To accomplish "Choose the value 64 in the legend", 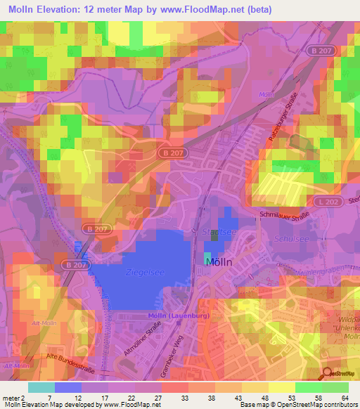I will click(345, 398).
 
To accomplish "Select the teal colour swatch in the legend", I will click(41, 387).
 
